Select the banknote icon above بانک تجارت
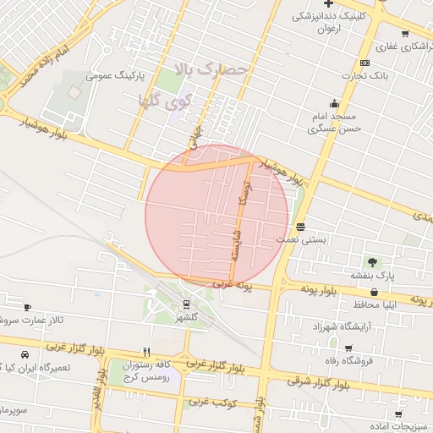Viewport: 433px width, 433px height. click(x=364, y=63)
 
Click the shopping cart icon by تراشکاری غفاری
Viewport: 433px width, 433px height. click(x=405, y=34)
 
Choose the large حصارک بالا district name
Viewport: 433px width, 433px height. click(x=211, y=69)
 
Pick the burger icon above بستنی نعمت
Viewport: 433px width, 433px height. click(x=301, y=227)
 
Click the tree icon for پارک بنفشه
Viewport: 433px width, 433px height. click(x=372, y=262)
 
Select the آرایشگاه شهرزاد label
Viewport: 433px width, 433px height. click(x=342, y=326)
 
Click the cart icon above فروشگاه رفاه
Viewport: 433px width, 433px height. click(x=348, y=348)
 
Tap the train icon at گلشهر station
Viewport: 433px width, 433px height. click(x=186, y=304)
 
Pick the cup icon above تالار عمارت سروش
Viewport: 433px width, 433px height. click(x=28, y=307)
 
